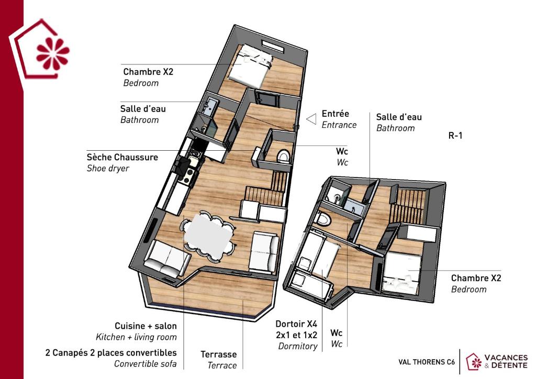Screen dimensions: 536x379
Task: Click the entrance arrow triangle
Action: pos(311,119)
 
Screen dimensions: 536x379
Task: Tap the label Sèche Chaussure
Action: pos(122,157)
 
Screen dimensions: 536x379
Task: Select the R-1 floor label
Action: pos(455,136)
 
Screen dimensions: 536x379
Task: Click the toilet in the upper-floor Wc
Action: pos(283,156)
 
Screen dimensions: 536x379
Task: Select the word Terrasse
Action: pos(218,354)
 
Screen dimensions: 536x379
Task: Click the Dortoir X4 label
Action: pos(296,324)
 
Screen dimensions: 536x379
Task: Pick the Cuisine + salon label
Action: pos(146,326)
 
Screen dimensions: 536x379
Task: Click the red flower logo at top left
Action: pos(53,53)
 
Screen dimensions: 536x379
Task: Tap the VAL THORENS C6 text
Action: pos(427,362)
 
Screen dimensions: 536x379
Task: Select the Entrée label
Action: pos(336,114)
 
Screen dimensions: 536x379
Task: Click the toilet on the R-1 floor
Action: pos(322,219)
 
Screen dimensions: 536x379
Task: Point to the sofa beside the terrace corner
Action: pos(167,259)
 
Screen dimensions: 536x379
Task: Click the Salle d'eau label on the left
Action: pos(143,109)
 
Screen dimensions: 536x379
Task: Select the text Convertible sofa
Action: pos(146,364)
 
